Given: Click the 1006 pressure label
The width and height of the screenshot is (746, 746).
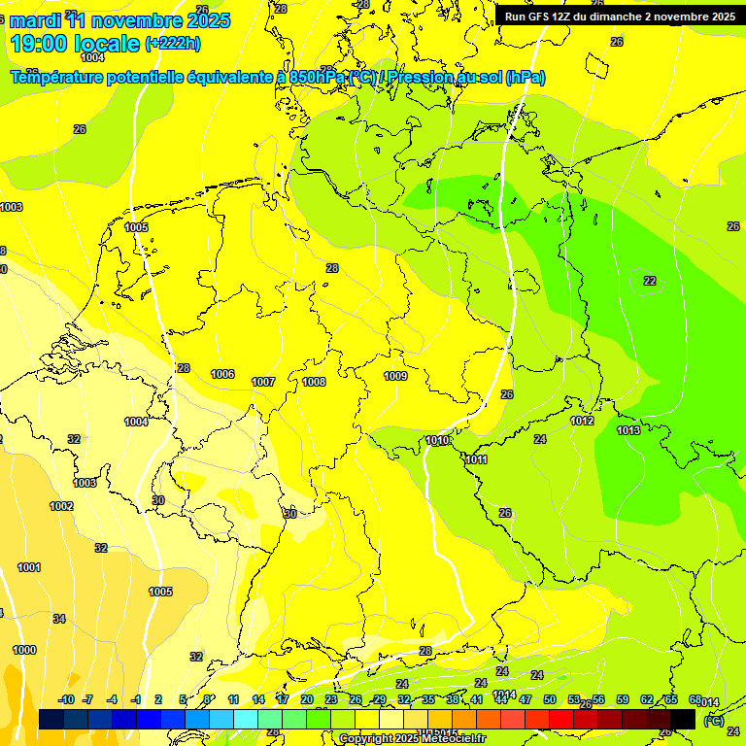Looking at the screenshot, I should tap(222, 374).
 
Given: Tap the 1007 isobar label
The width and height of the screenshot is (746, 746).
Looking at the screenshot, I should tap(263, 382).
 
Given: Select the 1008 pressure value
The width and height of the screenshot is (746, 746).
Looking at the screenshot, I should tap(314, 382).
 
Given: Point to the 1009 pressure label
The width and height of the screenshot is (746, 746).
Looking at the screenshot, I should tap(395, 376).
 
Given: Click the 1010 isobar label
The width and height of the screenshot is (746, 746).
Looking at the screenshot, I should tap(437, 440).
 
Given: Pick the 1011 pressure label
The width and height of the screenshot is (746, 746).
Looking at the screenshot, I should tap(476, 459).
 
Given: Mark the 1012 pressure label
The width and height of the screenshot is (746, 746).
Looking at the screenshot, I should tap(582, 421).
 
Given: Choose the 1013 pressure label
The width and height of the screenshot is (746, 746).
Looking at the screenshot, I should tap(628, 430).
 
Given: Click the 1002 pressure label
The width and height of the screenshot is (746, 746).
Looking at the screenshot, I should tap(61, 506).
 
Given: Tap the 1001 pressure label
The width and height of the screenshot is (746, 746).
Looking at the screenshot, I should tap(29, 567).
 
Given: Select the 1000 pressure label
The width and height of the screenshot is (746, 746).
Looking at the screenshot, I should tap(24, 650).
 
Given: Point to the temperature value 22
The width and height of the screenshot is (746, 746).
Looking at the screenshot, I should tap(650, 281).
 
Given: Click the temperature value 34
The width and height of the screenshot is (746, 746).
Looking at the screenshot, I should tap(59, 619).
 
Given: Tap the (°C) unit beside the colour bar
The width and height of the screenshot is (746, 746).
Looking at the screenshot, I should tap(713, 721).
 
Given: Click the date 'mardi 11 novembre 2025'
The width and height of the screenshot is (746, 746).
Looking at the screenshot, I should tap(120, 20).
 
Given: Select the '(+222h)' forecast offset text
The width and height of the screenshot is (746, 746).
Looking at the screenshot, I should tap(172, 43).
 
